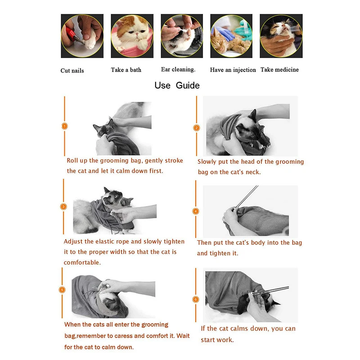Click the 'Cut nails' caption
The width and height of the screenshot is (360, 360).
coord(72,71)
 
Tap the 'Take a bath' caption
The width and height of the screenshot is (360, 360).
coord(126,70)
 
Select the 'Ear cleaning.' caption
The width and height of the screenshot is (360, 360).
coord(178,69)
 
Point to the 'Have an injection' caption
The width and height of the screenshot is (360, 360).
coord(233,70)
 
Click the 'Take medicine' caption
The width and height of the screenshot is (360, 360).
coord(279,69)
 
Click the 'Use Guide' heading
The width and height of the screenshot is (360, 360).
coord(177,85)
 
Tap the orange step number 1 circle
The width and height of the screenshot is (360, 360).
coord(64,127)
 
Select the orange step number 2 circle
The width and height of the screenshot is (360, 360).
coord(196,128)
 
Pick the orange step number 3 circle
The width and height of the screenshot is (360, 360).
coord(64,207)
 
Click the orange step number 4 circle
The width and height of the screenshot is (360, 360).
coord(196,211)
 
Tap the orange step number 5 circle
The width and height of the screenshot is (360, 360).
coord(63,290)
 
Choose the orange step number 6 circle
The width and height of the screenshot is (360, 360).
coord(195,299)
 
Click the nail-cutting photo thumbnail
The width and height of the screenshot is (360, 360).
coord(82,36)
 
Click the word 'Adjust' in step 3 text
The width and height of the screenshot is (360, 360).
coord(73,242)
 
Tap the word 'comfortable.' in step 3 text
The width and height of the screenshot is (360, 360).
coord(82,262)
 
